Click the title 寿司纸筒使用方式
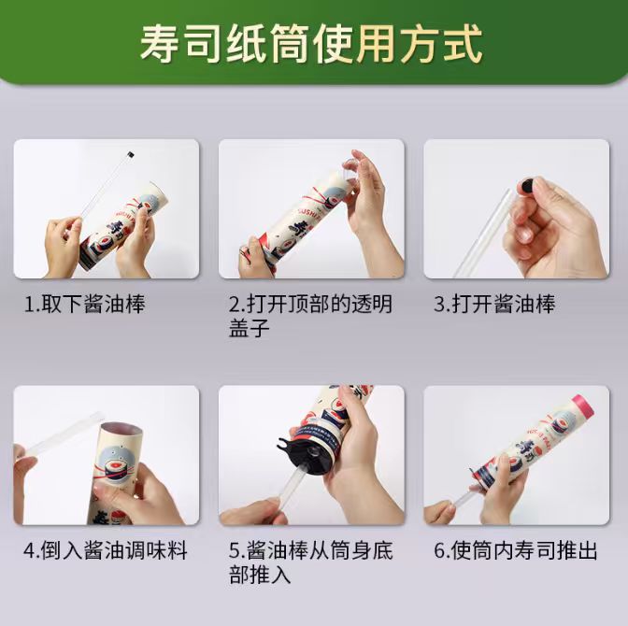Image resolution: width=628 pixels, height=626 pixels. [x=311, y=44]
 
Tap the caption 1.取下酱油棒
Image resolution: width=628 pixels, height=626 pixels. [x=85, y=304]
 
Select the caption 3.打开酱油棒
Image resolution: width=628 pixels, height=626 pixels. [x=495, y=304]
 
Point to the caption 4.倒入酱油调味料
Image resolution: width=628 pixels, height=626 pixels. [x=106, y=550]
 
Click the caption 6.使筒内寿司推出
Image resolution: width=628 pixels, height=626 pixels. [x=516, y=550]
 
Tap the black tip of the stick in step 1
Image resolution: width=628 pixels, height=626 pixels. [x=130, y=154]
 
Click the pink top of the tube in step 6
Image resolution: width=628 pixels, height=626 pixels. [x=583, y=405]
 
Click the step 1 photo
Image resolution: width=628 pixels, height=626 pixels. [x=107, y=208]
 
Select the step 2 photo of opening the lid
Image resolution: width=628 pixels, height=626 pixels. [x=311, y=208]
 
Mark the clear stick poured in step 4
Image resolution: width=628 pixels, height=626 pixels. [x=61, y=435]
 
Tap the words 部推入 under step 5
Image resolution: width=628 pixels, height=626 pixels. [x=260, y=575]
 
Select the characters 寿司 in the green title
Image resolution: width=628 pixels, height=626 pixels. [x=180, y=44]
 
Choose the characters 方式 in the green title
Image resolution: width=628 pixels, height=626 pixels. [x=442, y=44]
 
